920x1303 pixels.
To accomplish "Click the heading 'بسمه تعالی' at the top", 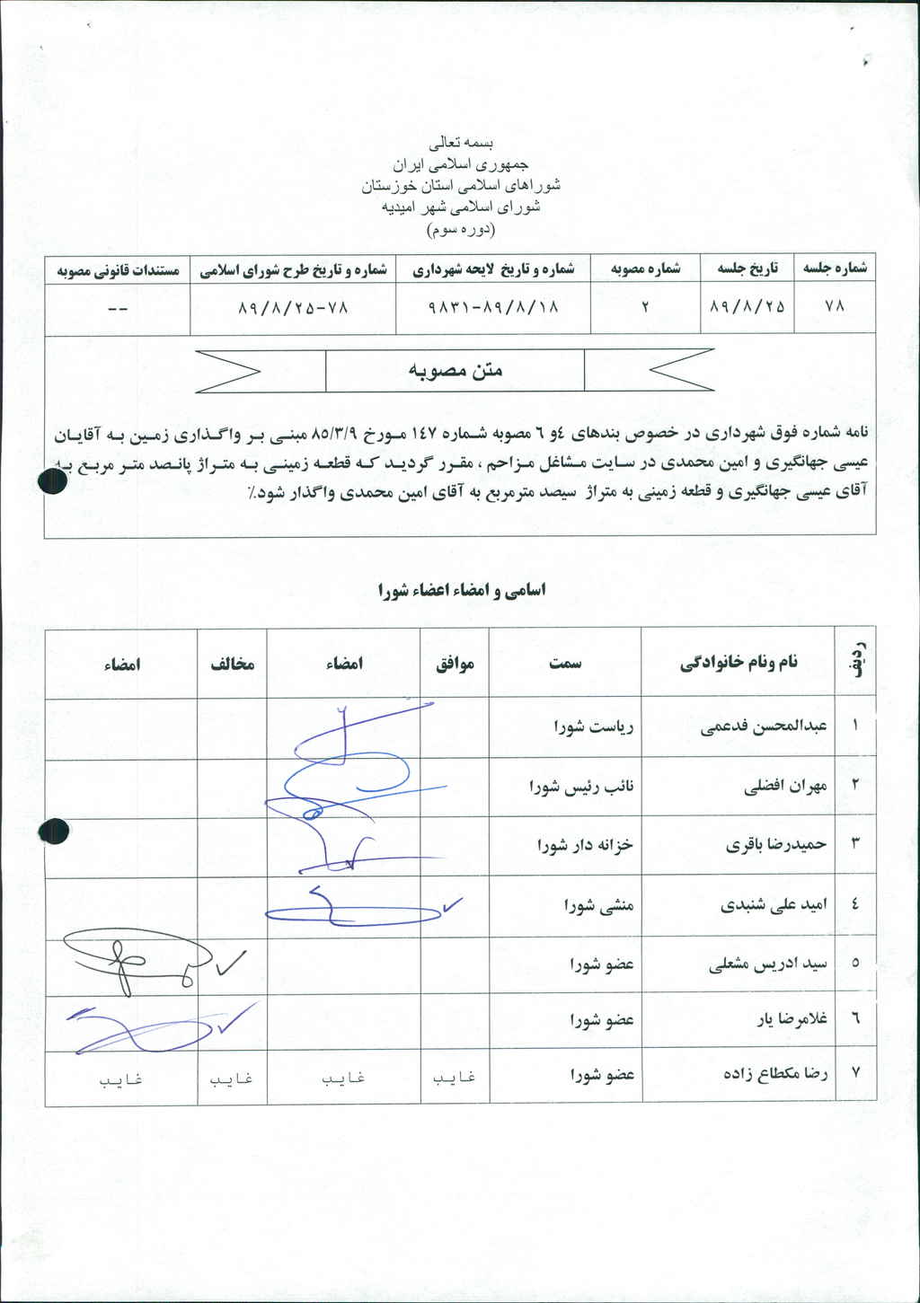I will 461,143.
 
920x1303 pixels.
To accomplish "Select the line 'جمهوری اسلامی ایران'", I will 461,164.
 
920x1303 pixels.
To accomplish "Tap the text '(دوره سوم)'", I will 461,229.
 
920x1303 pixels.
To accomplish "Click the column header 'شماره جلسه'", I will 835,269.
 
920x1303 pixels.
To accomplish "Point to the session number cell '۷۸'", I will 835,307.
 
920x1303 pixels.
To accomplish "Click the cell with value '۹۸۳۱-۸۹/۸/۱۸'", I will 493,307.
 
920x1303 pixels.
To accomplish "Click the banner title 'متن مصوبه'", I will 456,370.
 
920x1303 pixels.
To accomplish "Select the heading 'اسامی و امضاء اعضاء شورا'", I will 462,590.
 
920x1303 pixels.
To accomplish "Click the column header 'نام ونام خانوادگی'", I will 739,663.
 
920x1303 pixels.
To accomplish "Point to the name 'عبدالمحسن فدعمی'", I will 764,726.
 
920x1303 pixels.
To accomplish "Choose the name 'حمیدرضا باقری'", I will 776,845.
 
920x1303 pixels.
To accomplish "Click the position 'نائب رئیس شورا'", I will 581,787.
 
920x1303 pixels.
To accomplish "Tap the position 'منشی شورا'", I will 599,905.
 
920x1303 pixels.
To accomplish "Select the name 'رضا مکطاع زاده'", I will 775,1073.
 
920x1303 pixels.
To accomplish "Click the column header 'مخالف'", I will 233,664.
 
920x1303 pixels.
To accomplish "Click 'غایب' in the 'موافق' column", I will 454,1078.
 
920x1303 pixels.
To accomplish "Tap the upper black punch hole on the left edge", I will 53,482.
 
